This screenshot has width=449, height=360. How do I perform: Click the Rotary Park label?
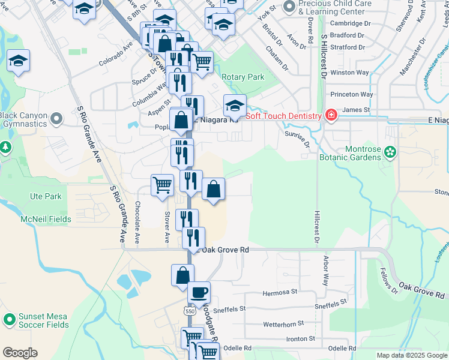point(243,77)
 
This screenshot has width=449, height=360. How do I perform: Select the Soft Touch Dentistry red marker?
point(330,115)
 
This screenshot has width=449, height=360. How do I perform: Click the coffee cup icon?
point(199,293)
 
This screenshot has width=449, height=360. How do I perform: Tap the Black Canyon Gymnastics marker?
point(56,119)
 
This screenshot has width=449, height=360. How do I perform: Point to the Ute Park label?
point(46,196)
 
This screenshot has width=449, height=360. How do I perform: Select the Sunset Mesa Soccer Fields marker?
point(8,320)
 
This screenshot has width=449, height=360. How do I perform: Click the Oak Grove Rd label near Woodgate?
point(225,249)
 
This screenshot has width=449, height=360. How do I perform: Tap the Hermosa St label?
point(280,293)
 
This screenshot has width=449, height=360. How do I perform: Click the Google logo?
point(20,353)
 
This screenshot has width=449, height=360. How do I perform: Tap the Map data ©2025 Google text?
point(411,355)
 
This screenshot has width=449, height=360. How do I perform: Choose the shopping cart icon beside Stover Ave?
point(162,184)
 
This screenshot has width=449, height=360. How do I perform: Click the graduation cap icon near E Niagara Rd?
point(235,105)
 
